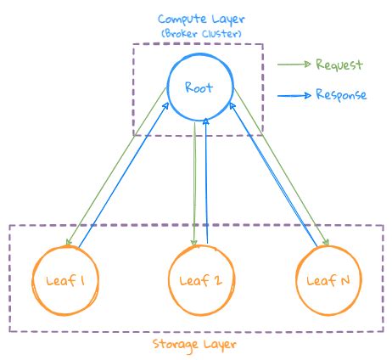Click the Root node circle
click(199, 87)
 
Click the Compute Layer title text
click(198, 19)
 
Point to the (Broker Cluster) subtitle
click(198, 33)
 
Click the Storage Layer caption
click(195, 344)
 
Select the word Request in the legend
click(339, 65)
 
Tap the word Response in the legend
click(341, 94)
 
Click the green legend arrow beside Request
click(294, 65)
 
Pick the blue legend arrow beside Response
click(294, 94)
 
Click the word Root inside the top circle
click(199, 87)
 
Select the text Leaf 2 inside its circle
click(196, 281)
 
